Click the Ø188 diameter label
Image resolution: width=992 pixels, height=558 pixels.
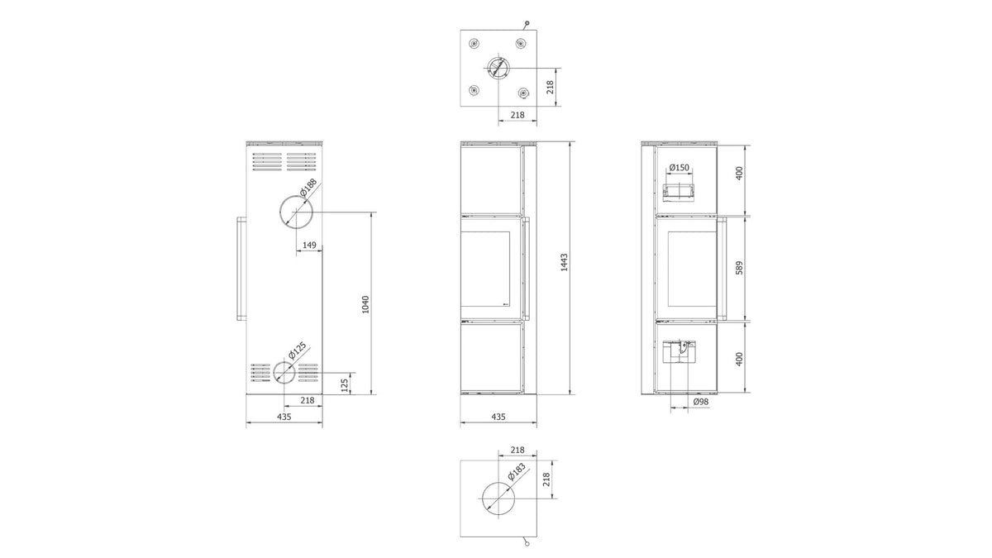click(308, 187)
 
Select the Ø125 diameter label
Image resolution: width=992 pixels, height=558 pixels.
click(297, 350)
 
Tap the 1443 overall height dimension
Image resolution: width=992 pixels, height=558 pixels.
click(564, 262)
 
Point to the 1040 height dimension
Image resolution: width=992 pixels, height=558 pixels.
click(365, 304)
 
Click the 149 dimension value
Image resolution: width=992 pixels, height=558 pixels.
click(309, 245)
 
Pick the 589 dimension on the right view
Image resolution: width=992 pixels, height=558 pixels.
click(739, 268)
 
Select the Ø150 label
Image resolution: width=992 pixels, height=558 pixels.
click(679, 167)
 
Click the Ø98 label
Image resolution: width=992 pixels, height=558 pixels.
click(701, 401)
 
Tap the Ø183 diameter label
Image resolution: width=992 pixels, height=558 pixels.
click(517, 471)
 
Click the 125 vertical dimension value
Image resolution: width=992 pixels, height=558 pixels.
click(345, 385)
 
